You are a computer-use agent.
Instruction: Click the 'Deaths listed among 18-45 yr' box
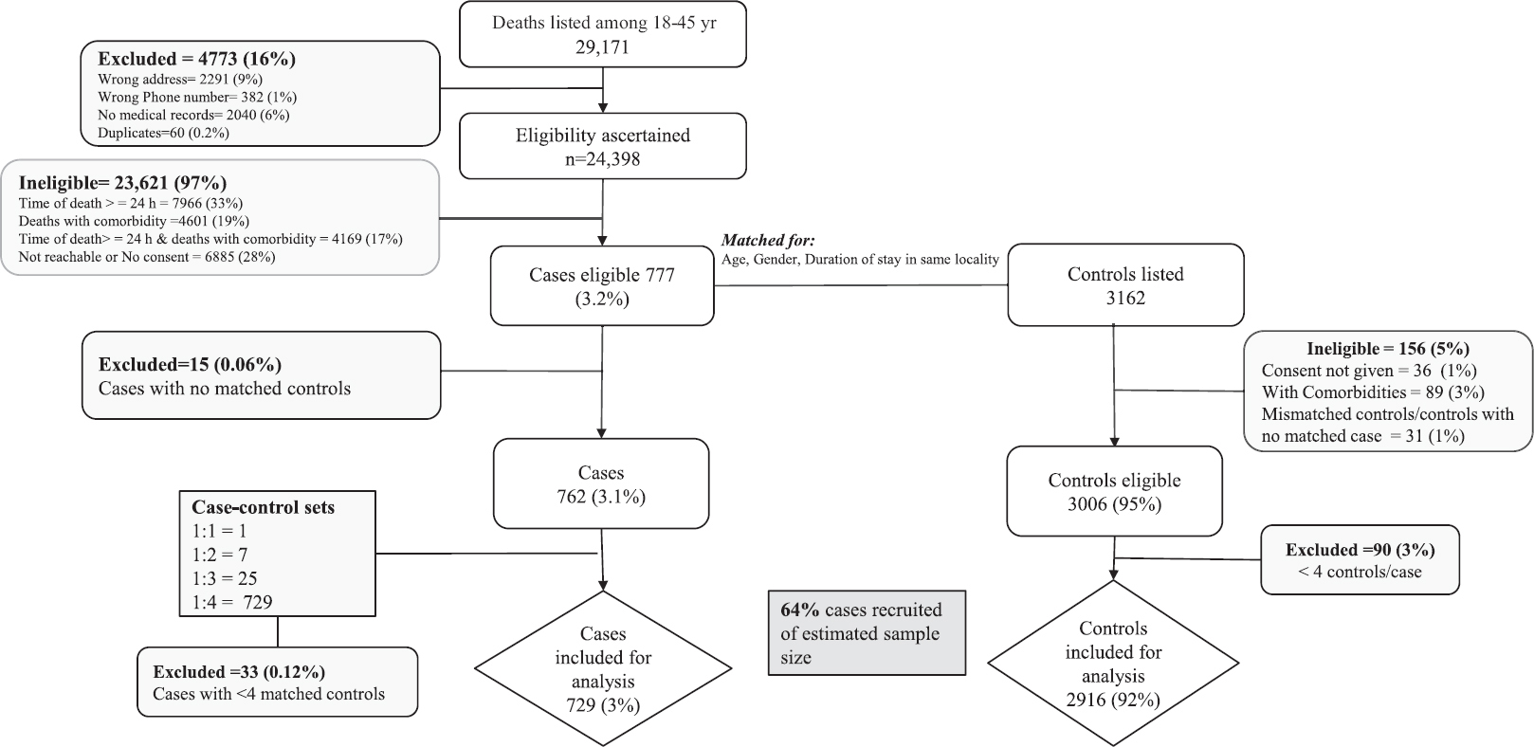coord(603,34)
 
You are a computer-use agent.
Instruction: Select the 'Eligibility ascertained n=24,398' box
coord(603,147)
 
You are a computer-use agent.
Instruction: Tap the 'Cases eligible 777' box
coord(602,286)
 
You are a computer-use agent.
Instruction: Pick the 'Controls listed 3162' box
coord(1125,285)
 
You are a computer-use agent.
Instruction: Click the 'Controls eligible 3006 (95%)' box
coord(1114,492)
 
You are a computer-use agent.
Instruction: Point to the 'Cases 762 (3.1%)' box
coord(601,483)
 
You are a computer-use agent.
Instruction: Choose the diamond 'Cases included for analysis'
coord(603,668)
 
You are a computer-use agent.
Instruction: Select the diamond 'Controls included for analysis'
coord(1113,664)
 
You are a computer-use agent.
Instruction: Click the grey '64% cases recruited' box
coord(867,633)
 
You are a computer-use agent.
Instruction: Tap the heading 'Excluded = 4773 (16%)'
coord(197,59)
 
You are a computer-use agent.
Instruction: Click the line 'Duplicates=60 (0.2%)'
coord(163,133)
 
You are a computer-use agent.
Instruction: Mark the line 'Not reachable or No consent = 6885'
coord(147,257)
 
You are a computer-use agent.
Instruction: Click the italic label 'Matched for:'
coord(768,241)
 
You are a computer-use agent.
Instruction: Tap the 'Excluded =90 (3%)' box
coord(1360,560)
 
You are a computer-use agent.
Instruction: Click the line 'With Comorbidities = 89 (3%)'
coord(1373,392)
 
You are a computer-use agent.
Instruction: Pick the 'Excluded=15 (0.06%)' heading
coord(190,364)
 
